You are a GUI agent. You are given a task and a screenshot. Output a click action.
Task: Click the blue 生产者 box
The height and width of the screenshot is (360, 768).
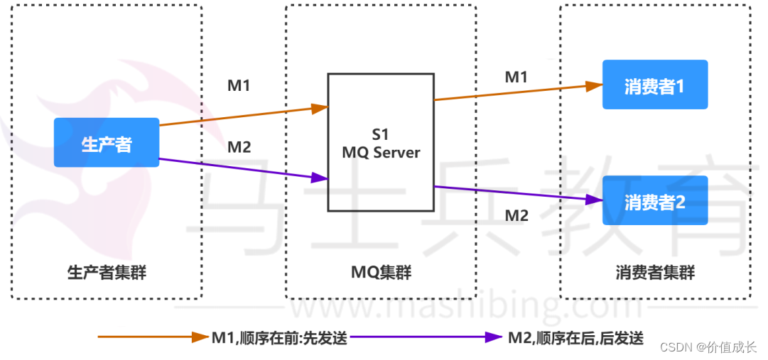coord(107,143)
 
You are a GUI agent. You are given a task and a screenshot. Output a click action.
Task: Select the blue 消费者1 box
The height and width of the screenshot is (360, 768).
coord(654,84)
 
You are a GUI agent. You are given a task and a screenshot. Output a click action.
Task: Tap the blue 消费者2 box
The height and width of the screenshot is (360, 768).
coord(654,200)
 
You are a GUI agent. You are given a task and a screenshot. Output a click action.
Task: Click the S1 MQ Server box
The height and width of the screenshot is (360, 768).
coord(380,143)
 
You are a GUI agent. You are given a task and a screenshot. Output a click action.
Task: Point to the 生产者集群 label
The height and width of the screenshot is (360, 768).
coord(107,272)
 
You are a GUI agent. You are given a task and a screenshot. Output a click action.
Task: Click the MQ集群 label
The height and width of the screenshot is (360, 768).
coord(381,272)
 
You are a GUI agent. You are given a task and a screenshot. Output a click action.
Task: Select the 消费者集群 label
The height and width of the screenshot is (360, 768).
coord(654,272)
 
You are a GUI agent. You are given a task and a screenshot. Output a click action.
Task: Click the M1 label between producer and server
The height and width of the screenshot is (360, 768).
coord(239,86)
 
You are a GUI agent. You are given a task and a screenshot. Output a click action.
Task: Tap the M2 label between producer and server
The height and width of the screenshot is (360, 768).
coord(239,148)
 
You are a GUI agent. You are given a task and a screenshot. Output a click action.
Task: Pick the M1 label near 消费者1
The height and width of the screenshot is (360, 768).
coord(516,77)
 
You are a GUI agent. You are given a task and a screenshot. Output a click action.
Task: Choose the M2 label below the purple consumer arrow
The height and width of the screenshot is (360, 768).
coord(516,215)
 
